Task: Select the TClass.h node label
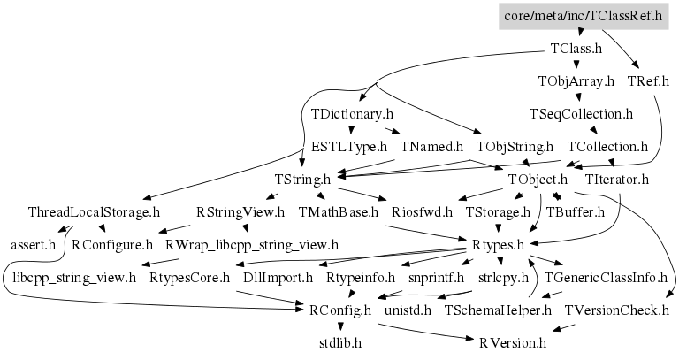tap(576, 49)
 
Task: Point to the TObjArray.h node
tap(576, 81)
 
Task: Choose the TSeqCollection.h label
tap(581, 114)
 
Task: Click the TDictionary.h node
tap(351, 114)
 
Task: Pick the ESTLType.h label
tap(349, 147)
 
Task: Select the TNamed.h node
tap(431, 147)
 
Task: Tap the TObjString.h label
tap(515, 147)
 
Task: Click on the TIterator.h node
tap(617, 180)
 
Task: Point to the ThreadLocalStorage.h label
tap(94, 212)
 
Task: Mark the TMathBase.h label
tap(338, 212)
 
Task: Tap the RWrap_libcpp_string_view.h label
tap(252, 243)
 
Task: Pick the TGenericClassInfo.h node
tap(606, 278)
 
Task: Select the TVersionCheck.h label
tap(617, 310)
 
